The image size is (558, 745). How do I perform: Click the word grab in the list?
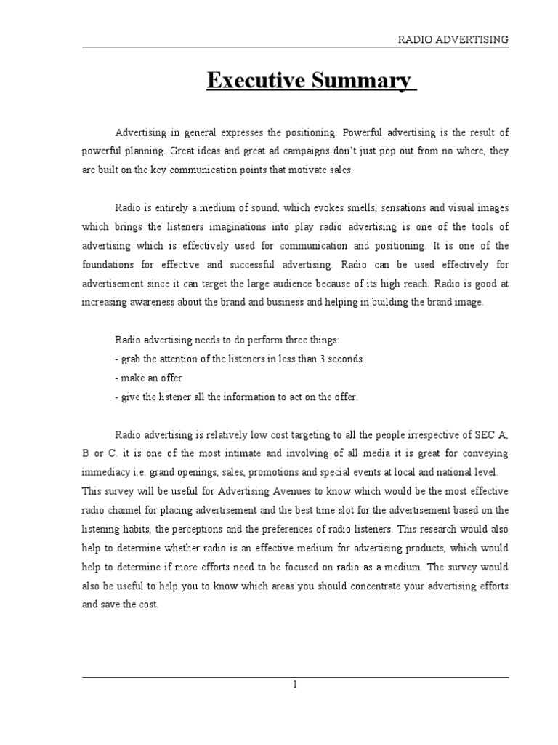click(132, 359)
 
